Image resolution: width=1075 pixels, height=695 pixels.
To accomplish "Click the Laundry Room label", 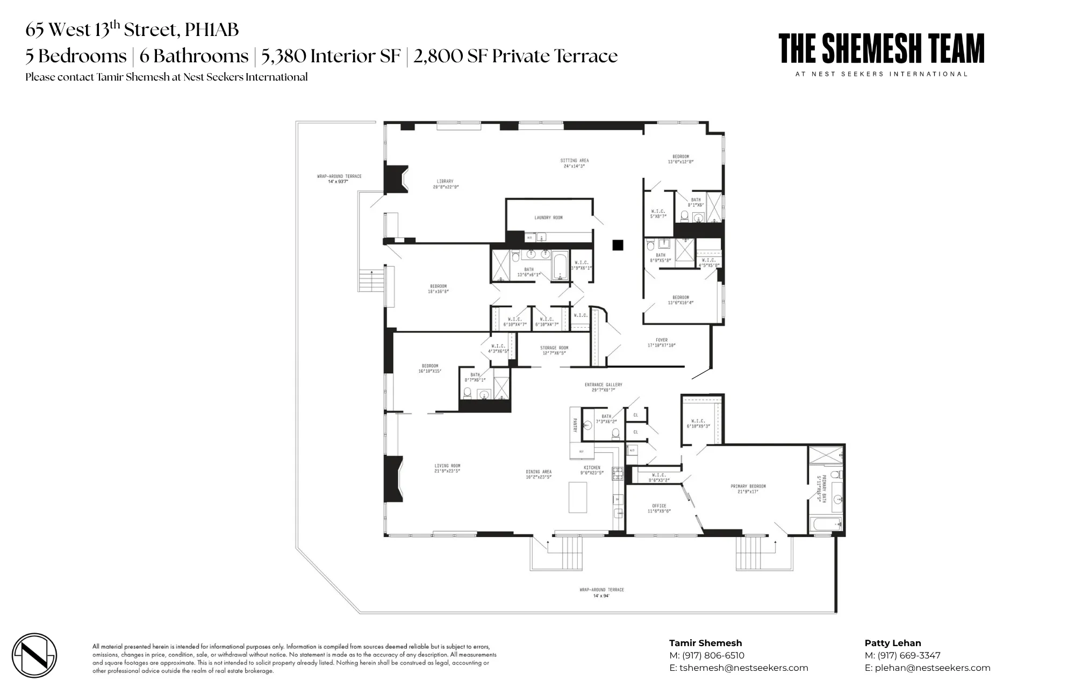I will [548, 218].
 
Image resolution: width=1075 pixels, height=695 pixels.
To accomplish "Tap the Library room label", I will [445, 182].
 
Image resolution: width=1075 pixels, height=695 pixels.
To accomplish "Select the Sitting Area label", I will [574, 161].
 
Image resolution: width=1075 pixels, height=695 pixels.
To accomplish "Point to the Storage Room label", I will [554, 348].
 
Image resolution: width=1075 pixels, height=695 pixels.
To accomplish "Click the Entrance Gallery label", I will [603, 385].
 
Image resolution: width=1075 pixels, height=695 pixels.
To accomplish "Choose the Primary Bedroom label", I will [748, 487].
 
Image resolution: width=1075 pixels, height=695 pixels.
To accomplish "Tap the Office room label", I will [658, 506].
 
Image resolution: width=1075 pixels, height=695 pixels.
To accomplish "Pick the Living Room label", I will [447, 466].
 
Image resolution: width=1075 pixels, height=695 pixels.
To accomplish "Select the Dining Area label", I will [539, 472].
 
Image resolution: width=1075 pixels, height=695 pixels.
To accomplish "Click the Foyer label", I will [661, 340].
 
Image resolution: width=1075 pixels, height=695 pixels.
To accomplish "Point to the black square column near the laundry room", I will [618, 245].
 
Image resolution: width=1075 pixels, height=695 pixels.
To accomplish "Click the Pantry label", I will [575, 426].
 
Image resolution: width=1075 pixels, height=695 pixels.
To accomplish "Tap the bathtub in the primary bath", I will [825, 524].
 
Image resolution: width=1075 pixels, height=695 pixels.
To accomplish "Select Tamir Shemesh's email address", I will [743, 668].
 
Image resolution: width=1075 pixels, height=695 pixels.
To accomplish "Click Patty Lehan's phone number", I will [908, 655].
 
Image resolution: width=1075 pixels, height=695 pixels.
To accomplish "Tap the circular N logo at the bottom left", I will [34, 655].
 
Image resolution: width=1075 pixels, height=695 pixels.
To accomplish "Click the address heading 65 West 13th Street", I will [132, 30].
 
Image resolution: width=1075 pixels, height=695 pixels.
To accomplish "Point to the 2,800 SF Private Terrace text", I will [515, 56].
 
